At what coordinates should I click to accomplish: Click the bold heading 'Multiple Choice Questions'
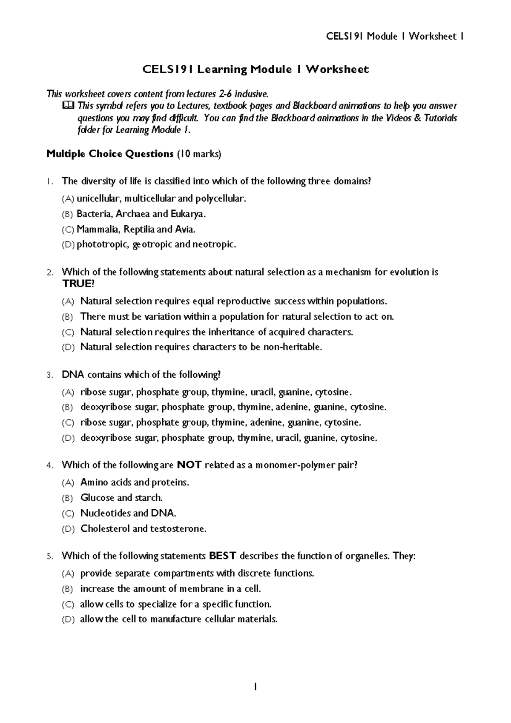(x=109, y=154)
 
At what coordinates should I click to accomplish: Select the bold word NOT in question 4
(x=189, y=465)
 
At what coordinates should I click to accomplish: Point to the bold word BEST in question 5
(x=223, y=556)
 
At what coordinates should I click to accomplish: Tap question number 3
(x=50, y=376)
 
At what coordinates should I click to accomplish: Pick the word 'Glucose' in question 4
(x=97, y=498)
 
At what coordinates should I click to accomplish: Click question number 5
(x=50, y=557)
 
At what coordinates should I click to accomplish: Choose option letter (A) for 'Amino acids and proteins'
(x=68, y=483)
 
